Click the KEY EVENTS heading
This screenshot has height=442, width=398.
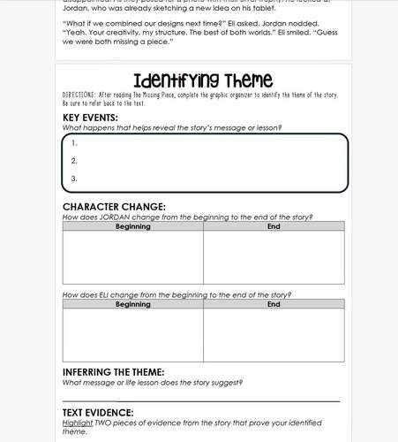coord(90,117)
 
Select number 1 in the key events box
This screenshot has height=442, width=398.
coord(74,142)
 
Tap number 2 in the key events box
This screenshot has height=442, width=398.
coord(74,160)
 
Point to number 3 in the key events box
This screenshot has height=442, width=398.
coord(74,178)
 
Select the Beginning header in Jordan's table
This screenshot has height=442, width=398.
coord(133,226)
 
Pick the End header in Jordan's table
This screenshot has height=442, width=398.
coord(274,226)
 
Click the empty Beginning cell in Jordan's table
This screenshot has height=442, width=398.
coord(133,256)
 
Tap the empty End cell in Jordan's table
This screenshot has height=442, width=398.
coord(274,256)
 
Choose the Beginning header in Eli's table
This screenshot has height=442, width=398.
coord(133,304)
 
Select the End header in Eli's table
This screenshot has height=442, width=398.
coord(274,304)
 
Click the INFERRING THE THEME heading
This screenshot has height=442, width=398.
coord(114,372)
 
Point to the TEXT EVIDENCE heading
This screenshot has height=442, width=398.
coord(98,412)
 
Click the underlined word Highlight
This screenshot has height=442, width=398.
coord(79,423)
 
